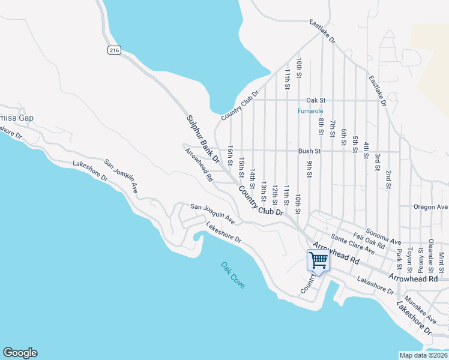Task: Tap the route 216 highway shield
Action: (x=114, y=50)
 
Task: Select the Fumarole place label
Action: (x=311, y=111)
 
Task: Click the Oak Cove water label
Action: (x=232, y=275)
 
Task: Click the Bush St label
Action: (x=310, y=151)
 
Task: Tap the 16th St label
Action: (x=230, y=154)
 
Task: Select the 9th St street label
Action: (x=310, y=169)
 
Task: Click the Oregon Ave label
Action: (x=431, y=207)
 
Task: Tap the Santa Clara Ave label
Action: (x=352, y=244)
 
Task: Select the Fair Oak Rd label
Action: (x=369, y=240)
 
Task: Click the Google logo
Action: (x=20, y=353)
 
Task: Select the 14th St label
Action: (x=253, y=178)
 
